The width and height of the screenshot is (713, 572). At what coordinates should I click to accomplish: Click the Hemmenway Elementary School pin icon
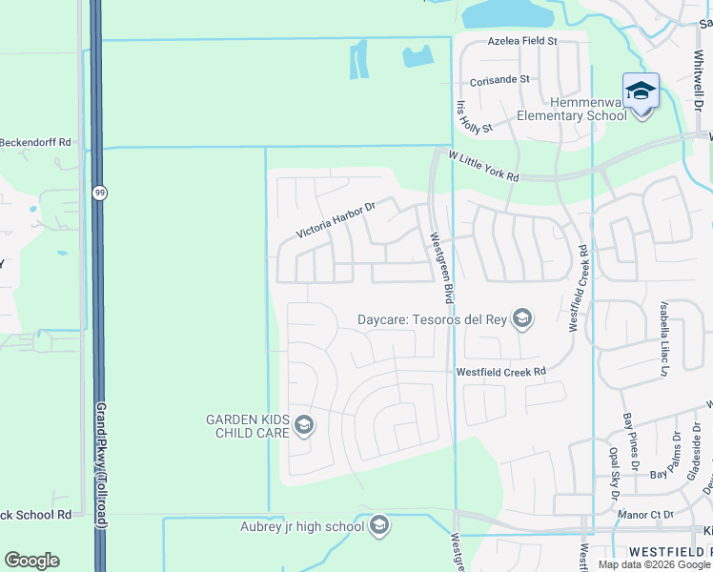641,92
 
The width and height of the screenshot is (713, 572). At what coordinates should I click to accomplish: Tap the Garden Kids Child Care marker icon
304,425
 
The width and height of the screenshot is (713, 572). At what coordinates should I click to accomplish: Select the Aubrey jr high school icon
378,525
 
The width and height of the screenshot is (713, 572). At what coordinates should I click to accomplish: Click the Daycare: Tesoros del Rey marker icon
521,319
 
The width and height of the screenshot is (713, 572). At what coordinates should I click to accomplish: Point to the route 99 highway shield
99,193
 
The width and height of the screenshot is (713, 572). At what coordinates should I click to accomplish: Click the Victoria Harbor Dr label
336,218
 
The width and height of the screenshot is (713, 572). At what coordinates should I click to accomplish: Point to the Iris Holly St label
474,115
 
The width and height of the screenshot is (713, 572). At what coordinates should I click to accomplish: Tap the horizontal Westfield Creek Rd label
500,372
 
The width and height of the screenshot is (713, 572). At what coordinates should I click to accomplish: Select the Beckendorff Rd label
36,142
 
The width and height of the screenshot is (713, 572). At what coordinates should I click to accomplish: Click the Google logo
31,561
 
